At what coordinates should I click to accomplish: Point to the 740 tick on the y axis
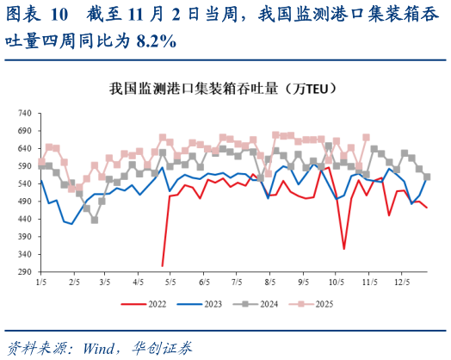click(24, 113)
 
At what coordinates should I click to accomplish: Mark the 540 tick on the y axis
click(24, 183)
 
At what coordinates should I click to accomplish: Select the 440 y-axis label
click(24, 219)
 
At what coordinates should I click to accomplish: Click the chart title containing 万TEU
click(223, 88)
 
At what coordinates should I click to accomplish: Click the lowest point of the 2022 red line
click(163, 266)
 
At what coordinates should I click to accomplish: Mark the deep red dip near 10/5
click(344, 250)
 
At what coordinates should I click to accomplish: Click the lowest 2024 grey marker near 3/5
click(94, 220)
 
